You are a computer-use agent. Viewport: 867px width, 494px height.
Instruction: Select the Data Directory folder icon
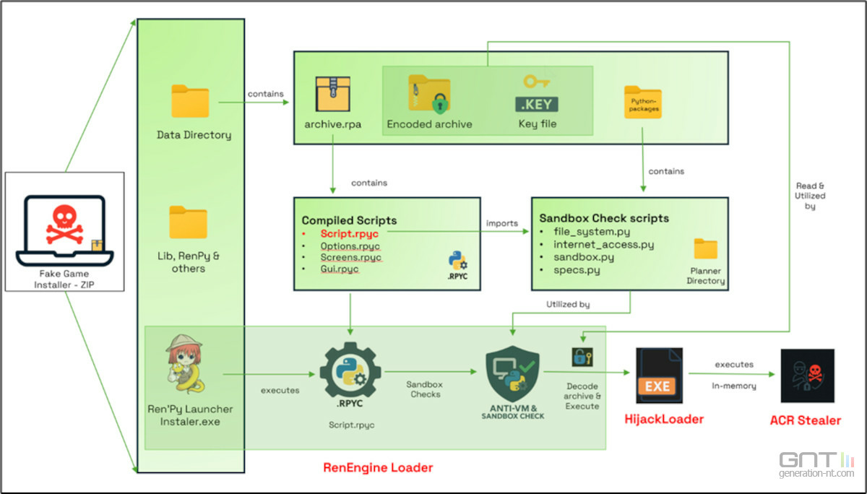[x=190, y=101]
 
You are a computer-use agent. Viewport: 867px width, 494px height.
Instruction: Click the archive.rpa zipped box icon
[x=333, y=95]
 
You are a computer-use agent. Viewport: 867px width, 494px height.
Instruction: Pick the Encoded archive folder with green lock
[x=429, y=93]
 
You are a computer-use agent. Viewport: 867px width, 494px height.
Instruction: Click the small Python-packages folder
[x=642, y=103]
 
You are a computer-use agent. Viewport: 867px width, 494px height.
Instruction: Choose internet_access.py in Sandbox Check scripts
[x=604, y=244]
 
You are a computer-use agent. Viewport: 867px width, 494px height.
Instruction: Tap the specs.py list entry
[x=577, y=270]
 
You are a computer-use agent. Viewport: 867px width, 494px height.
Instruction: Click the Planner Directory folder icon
[x=705, y=249]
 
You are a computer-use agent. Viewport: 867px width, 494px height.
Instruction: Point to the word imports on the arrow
[x=502, y=223]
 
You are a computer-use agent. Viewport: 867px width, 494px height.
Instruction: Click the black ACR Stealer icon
[x=807, y=376]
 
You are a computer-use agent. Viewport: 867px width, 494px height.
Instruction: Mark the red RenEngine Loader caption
[x=378, y=468]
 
